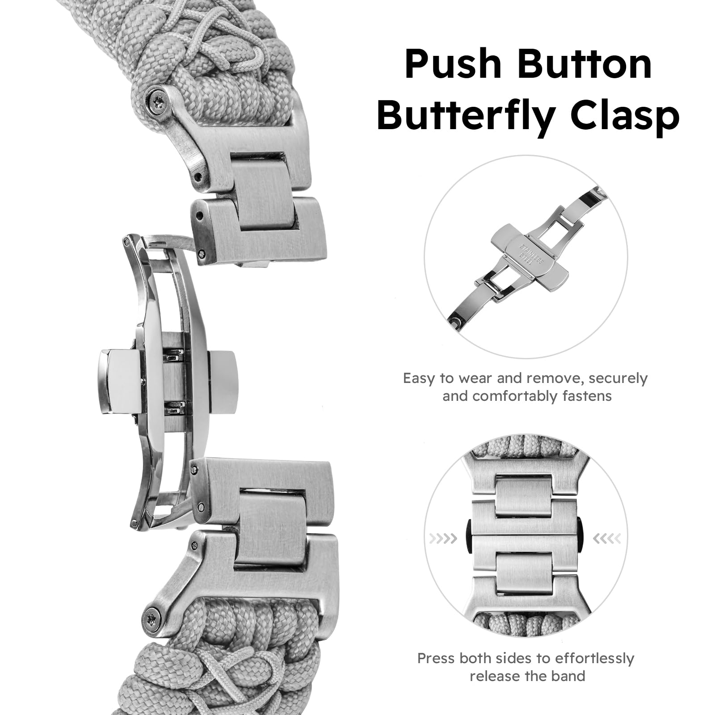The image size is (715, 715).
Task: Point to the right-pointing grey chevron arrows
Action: (443, 538)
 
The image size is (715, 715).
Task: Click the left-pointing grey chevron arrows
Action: (607, 538)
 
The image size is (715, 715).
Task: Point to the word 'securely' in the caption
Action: (618, 379)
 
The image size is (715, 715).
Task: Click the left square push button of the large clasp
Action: (119, 381)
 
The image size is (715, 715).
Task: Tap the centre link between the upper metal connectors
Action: (267, 193)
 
